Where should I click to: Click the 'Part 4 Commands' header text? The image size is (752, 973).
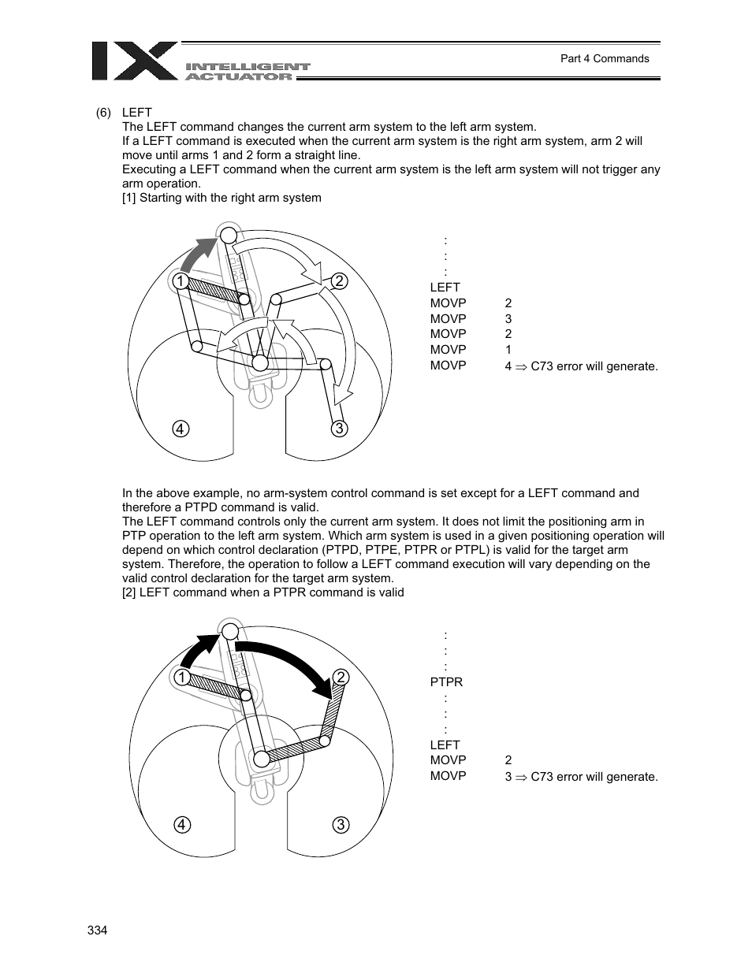[604, 58]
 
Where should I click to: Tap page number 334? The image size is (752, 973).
[97, 930]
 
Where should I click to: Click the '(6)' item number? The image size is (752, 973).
[104, 113]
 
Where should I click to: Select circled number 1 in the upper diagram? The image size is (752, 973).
[181, 281]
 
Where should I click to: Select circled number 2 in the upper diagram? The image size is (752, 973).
[339, 281]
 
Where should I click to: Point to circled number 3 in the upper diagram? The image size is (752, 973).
[339, 429]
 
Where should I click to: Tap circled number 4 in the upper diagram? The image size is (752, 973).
[181, 429]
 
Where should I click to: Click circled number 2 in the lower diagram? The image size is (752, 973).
[341, 678]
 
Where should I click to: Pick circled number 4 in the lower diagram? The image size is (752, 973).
[182, 825]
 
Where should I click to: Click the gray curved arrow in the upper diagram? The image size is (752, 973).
[197, 254]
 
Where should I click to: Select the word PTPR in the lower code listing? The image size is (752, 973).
[446, 681]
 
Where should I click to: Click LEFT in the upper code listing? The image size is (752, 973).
[445, 288]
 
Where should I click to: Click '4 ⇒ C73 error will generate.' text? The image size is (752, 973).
[581, 366]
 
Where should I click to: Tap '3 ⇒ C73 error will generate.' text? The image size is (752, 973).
[581, 777]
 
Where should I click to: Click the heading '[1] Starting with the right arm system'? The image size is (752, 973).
[222, 198]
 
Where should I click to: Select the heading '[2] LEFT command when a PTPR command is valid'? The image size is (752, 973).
[262, 592]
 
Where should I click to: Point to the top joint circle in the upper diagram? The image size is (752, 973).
[229, 235]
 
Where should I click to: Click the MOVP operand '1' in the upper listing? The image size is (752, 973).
[508, 350]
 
